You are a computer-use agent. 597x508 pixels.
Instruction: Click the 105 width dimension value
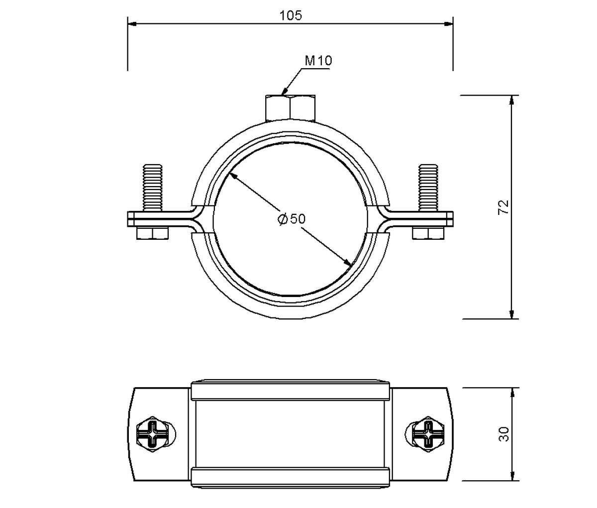tap(291, 15)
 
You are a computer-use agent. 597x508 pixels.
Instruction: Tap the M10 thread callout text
tap(318, 61)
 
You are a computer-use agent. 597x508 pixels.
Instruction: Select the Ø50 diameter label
tap(291, 219)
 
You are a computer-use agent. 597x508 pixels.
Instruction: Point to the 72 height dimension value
tap(503, 207)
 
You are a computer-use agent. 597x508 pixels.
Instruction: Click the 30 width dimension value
tap(504, 434)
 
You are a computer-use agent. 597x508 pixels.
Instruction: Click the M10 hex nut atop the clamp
tap(290, 107)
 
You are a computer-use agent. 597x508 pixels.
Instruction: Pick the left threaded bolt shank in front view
tap(153, 188)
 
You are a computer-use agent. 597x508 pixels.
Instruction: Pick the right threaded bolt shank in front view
tap(428, 188)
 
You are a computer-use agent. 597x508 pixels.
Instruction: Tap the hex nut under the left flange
tap(152, 233)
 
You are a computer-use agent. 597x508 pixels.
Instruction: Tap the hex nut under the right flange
tap(428, 233)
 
